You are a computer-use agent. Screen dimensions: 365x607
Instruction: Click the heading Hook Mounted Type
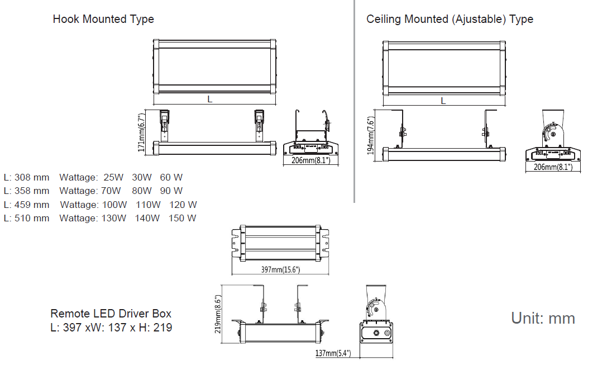point(103,19)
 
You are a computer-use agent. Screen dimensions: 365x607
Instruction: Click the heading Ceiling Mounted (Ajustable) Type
point(450,19)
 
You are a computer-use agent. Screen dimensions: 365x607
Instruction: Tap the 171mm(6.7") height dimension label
point(142,133)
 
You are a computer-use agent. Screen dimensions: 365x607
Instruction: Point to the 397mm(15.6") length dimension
point(280,270)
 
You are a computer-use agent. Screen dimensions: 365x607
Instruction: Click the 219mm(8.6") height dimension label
point(218,314)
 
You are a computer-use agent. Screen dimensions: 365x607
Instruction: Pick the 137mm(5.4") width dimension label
point(333,353)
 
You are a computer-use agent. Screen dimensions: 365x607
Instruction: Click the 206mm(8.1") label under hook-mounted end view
point(311,160)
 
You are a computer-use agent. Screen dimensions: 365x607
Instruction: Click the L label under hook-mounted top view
point(210,99)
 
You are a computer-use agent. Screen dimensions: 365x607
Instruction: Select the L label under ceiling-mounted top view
point(443,101)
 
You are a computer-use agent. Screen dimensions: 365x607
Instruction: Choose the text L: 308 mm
point(26,177)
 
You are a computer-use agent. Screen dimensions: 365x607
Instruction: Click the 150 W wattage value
point(182,218)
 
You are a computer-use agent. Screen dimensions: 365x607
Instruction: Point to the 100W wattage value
point(114,205)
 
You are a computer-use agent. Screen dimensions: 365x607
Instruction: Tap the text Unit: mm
point(543,318)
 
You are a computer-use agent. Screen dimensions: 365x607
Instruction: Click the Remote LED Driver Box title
point(111,314)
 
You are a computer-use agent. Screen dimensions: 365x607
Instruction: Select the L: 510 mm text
point(26,218)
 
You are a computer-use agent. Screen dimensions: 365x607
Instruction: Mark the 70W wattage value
point(111,191)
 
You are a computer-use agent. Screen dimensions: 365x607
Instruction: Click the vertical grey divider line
point(354,101)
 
